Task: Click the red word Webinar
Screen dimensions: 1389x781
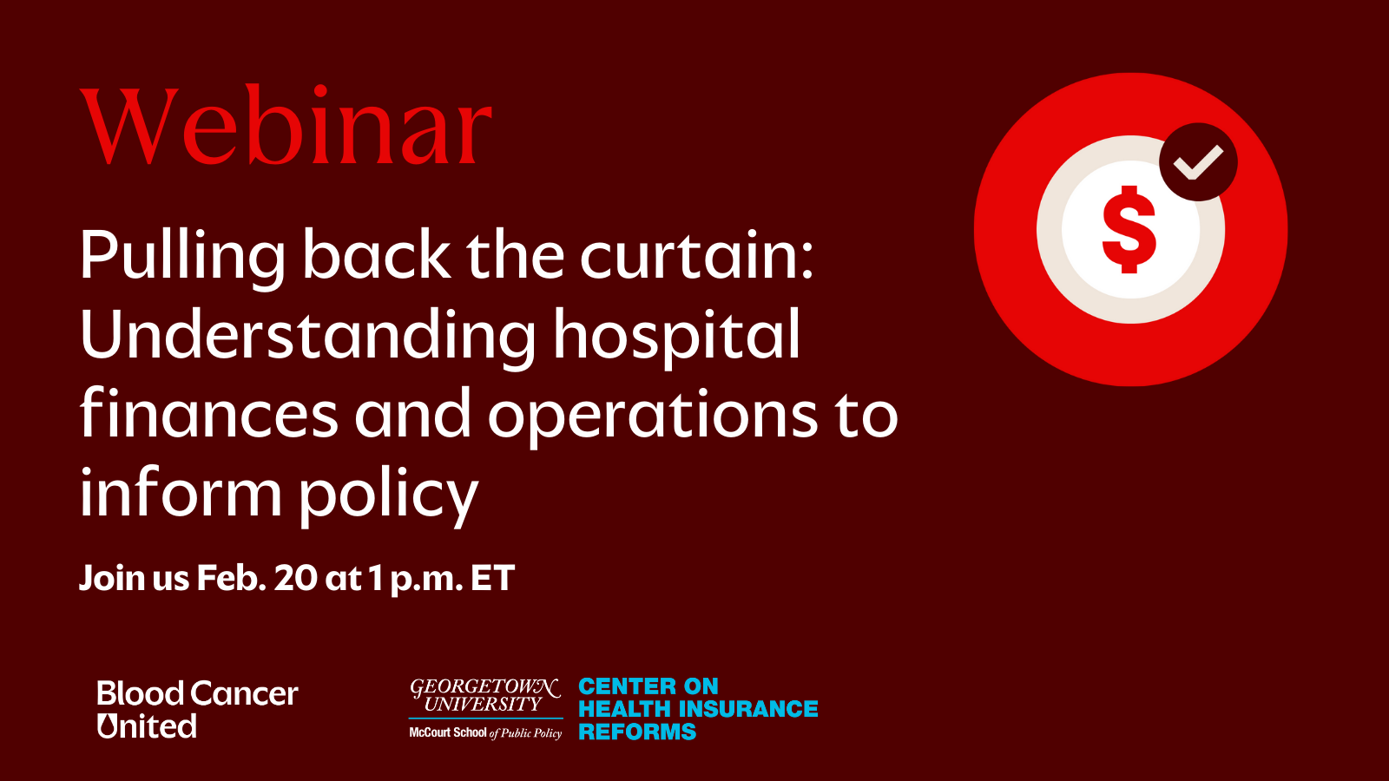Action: (286, 126)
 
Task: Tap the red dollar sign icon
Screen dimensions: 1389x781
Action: (1129, 229)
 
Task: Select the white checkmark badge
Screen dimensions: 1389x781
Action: (1198, 161)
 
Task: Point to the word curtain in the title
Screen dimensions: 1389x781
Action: (696, 255)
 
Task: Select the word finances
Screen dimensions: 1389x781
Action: (209, 413)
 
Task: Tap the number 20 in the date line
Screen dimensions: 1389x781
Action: (295, 578)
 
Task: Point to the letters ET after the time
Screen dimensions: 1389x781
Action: (493, 578)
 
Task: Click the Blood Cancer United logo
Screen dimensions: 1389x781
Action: (198, 710)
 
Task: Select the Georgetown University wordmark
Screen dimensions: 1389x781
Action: (485, 695)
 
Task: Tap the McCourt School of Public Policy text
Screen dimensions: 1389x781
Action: (485, 732)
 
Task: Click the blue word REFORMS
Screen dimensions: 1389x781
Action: (637, 732)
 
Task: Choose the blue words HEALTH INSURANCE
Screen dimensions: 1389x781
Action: (698, 708)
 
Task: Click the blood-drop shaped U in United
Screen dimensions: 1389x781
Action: (108, 725)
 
